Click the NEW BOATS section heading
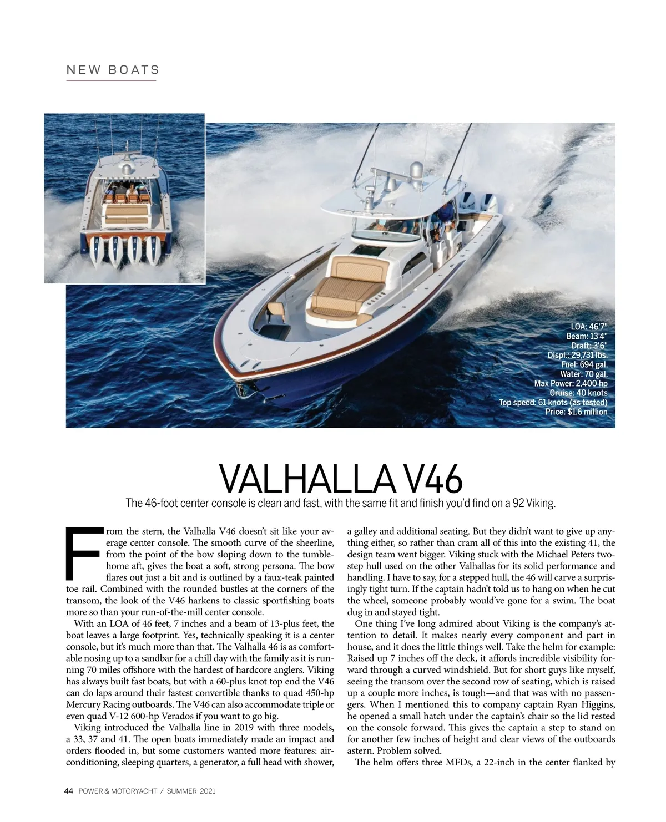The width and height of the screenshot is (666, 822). click(x=113, y=70)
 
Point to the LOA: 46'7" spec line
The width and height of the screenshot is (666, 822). click(x=589, y=327)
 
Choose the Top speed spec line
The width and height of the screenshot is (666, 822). click(x=553, y=403)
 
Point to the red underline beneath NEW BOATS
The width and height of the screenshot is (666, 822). click(x=111, y=81)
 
